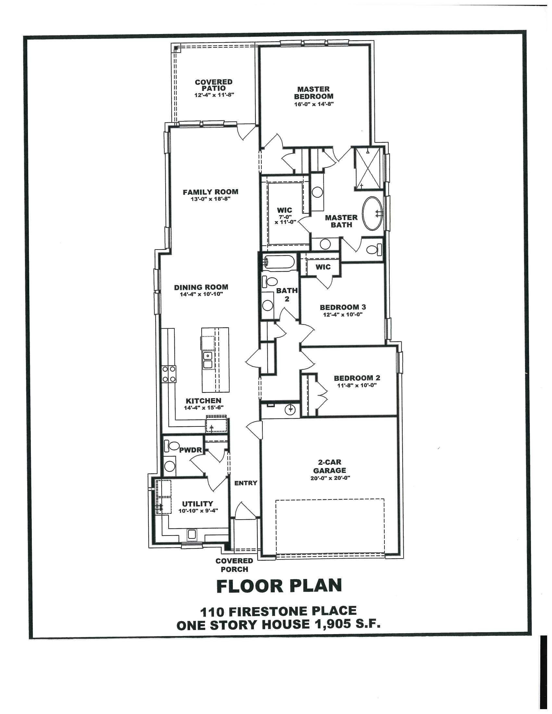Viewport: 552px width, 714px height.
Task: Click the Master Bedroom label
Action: pyautogui.click(x=313, y=92)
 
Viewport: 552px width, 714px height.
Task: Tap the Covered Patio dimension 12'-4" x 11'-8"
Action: pyautogui.click(x=214, y=95)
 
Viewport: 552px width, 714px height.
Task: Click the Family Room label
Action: pyautogui.click(x=210, y=192)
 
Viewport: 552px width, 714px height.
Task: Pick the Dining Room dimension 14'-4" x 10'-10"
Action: pyautogui.click(x=201, y=294)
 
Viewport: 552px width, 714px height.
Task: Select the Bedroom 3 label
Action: pyautogui.click(x=342, y=307)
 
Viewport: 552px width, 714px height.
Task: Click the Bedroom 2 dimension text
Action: pyautogui.click(x=357, y=385)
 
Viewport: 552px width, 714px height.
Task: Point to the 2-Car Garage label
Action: pyautogui.click(x=329, y=466)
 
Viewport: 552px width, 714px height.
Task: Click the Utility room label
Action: pyautogui.click(x=197, y=504)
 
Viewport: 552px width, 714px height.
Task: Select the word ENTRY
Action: pyautogui.click(x=245, y=483)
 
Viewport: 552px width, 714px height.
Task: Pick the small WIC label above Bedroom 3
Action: pyautogui.click(x=323, y=267)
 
